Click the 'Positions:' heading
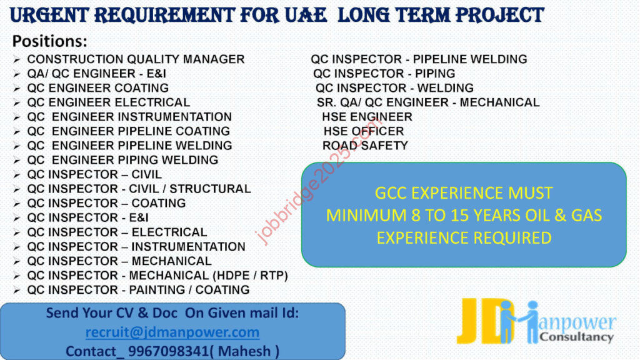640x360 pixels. point(50,41)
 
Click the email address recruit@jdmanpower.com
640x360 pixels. point(172,332)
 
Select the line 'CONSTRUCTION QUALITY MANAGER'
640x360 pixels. point(136,59)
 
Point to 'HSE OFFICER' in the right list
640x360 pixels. point(364,131)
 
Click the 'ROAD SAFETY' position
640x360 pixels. point(365,146)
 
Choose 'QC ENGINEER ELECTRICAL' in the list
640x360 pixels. point(109,102)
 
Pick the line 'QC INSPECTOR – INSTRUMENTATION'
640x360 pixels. point(136,246)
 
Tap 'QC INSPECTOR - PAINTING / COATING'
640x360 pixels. point(138,290)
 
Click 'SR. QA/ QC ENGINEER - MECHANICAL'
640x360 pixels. point(428,102)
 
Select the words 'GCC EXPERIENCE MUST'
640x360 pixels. point(464,193)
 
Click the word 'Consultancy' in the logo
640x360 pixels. point(576,337)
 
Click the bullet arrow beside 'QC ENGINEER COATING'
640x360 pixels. point(16,89)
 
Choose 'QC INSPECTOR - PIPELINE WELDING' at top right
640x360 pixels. point(419,59)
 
